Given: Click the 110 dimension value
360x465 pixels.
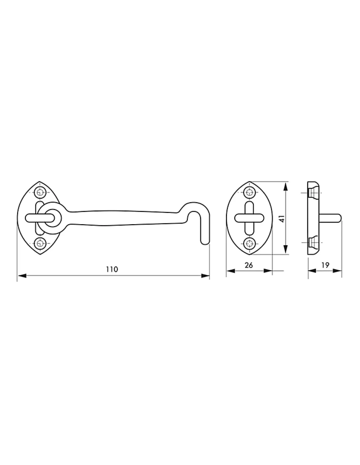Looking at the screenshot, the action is [x=112, y=269].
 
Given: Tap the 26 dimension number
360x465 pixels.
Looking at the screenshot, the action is [x=249, y=265].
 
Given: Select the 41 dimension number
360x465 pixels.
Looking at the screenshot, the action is [x=282, y=219].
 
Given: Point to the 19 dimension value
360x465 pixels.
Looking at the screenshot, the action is [x=325, y=265].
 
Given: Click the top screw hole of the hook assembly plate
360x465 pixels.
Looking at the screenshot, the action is [x=40, y=192].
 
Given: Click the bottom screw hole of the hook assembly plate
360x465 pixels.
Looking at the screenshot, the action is [x=40, y=243].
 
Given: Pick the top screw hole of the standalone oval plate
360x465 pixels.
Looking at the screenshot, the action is [x=249, y=192].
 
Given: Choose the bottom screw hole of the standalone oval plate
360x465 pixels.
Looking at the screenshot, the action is [x=249, y=243].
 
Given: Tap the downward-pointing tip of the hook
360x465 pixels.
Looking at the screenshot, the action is [x=205, y=244].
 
